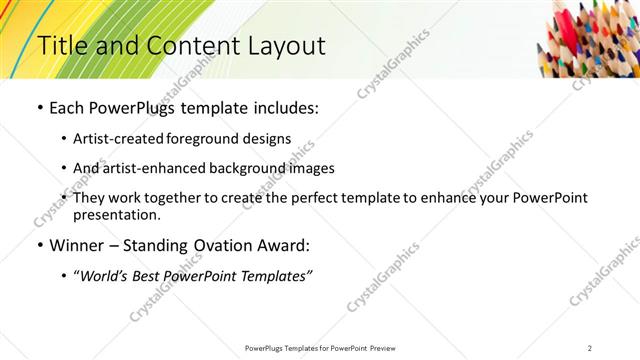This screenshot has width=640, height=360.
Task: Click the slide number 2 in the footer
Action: tap(591, 347)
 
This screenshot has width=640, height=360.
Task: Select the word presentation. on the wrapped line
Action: tap(116, 214)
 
